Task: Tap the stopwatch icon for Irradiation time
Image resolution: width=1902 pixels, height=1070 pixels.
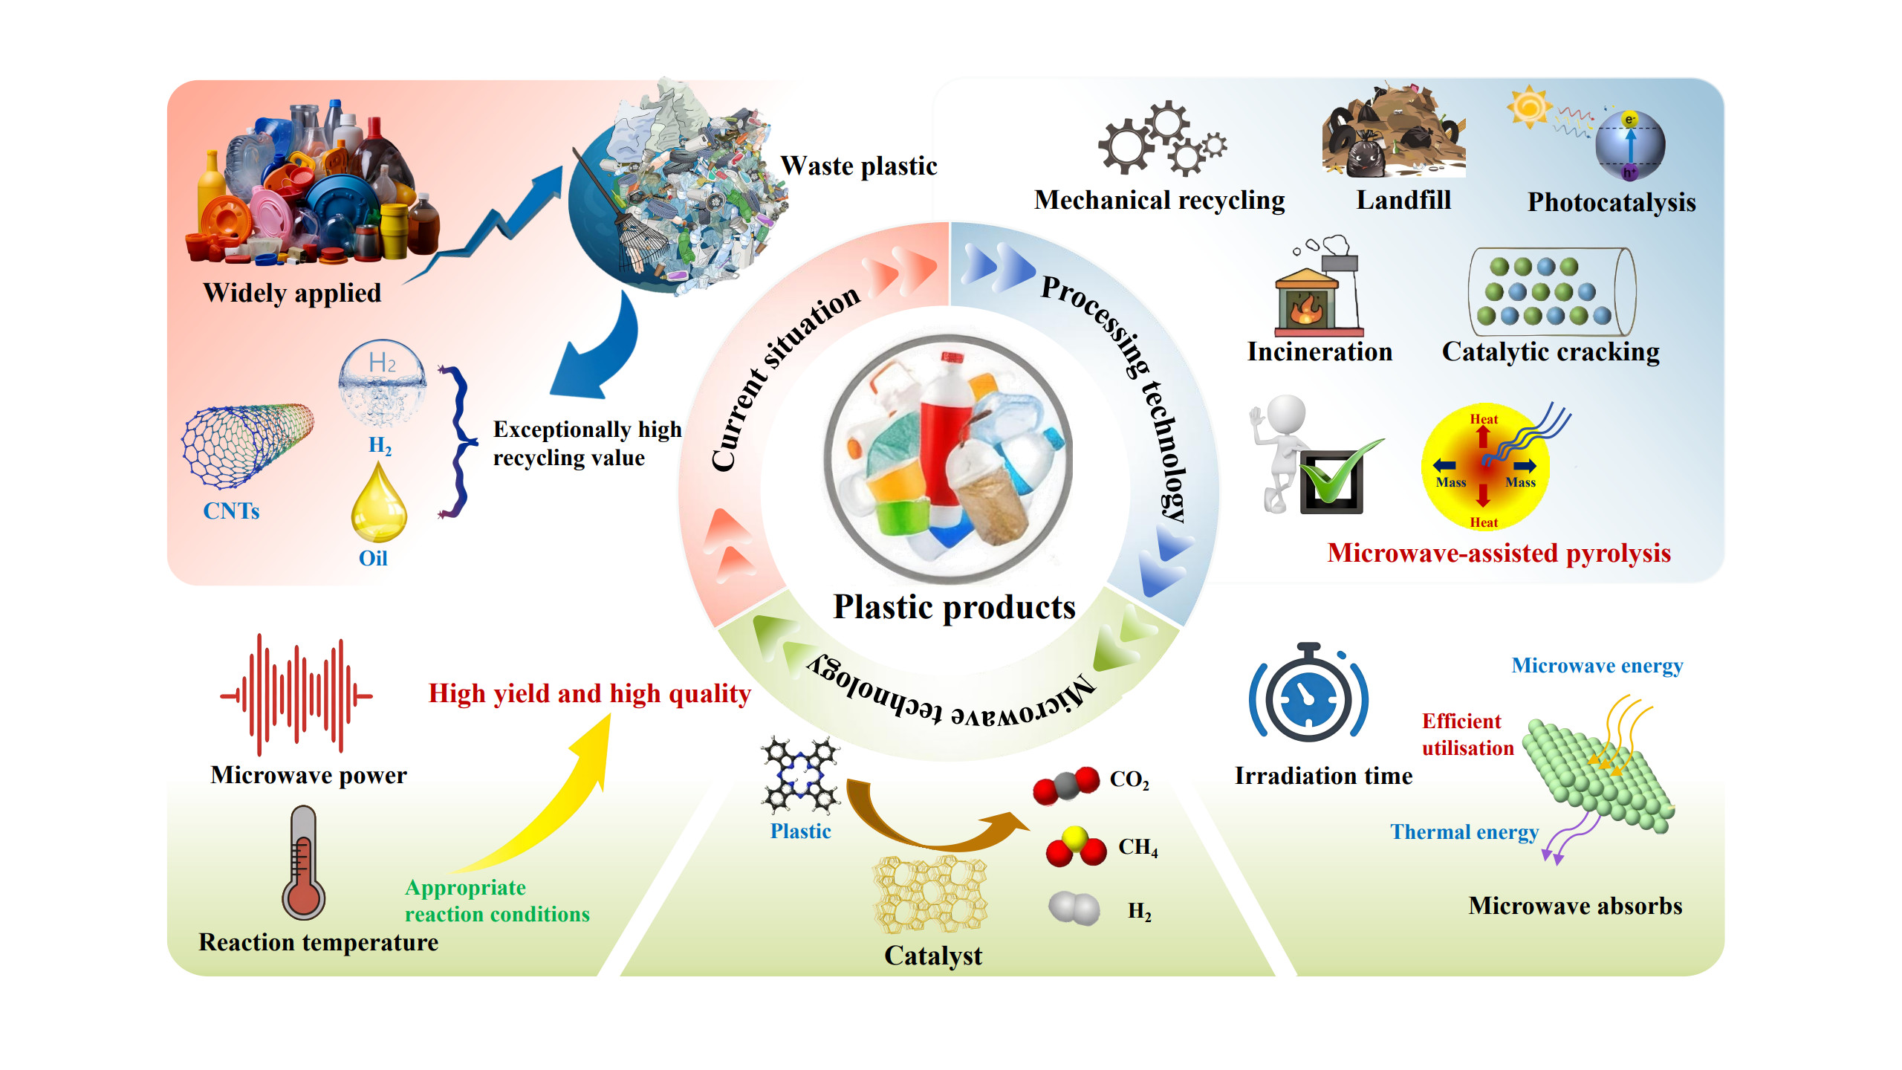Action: point(1308,695)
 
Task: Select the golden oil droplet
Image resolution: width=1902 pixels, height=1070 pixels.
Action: point(378,505)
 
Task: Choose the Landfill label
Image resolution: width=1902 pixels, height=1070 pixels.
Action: point(1403,200)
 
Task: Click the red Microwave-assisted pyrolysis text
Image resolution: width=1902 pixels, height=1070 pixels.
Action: point(1499,553)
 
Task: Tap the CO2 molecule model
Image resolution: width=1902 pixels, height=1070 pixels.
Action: point(1066,785)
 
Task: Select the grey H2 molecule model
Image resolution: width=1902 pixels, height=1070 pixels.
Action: point(1074,908)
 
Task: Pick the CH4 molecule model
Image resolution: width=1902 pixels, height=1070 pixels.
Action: point(1075,848)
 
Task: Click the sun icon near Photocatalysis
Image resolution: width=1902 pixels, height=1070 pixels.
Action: point(1529,106)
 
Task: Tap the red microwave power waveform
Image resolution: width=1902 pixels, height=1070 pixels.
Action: point(296,695)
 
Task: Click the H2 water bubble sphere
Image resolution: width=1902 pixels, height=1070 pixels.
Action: point(382,383)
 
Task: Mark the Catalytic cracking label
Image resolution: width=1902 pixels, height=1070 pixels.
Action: point(1550,351)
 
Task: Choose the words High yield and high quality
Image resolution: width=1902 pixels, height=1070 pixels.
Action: point(589,693)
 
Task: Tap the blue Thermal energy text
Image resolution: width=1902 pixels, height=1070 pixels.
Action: point(1464,831)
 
